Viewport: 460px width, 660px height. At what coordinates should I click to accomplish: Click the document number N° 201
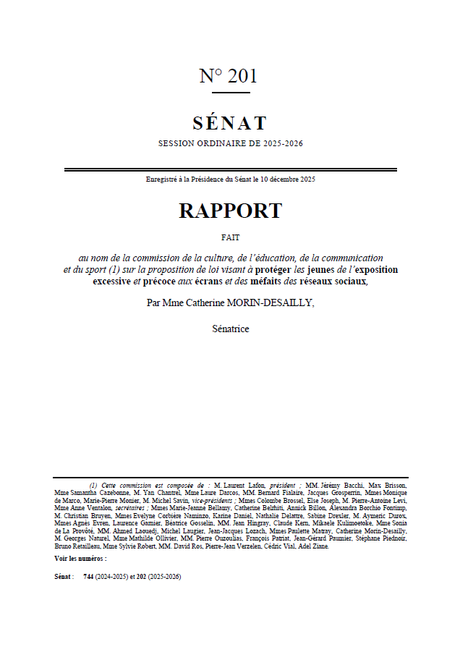228,76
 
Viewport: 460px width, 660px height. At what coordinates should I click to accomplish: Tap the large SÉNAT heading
230,123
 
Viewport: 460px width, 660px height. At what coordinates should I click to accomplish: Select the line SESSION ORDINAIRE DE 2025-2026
230,143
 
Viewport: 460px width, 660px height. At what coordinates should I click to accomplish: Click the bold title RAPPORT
230,211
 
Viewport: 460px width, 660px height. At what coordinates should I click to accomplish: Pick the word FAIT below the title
230,237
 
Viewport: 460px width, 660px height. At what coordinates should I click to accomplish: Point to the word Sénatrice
230,329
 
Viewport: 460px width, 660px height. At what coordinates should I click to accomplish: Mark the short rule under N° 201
231,92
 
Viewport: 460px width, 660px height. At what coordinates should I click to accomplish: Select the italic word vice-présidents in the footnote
210,500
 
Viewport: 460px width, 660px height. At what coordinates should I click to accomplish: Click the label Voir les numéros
80,559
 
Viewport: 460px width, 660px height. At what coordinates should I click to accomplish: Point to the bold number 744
88,577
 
